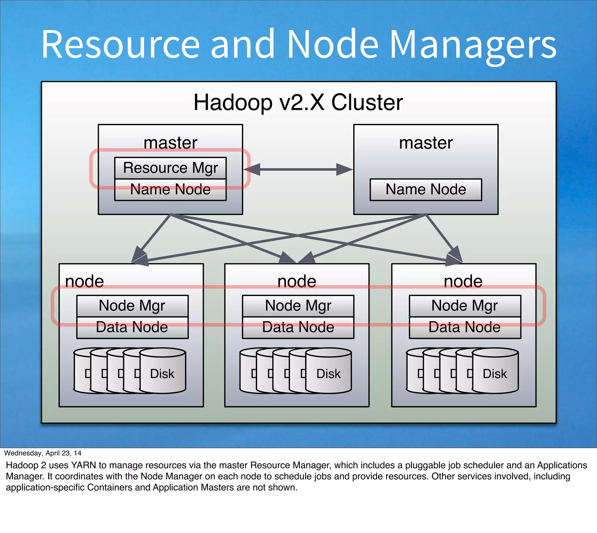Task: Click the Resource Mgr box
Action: [x=170, y=168]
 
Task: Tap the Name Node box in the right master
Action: [x=425, y=190]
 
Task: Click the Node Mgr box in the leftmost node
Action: [x=132, y=306]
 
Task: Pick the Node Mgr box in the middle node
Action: [x=298, y=306]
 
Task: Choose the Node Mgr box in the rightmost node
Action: [x=464, y=306]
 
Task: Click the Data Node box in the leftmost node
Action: [x=132, y=327]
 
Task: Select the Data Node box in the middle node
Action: [x=298, y=327]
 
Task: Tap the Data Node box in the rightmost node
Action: [x=464, y=327]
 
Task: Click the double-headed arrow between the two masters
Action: [x=298, y=169]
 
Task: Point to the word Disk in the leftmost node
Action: [x=162, y=374]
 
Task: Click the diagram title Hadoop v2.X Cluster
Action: [x=298, y=102]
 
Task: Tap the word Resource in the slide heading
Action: [x=120, y=45]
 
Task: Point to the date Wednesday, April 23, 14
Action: [x=43, y=453]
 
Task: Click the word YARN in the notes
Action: [x=83, y=465]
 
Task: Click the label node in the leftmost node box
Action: [x=84, y=281]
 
